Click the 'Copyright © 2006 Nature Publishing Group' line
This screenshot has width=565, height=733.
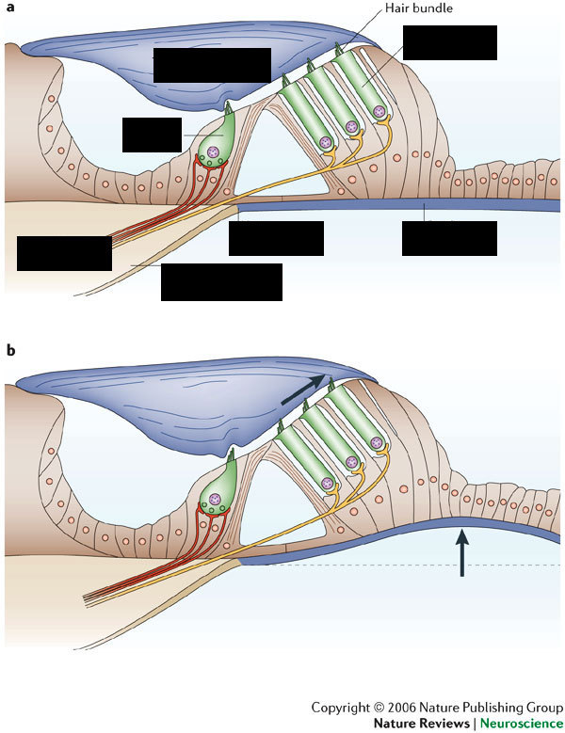click(x=438, y=707)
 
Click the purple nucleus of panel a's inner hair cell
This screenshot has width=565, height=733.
click(x=216, y=150)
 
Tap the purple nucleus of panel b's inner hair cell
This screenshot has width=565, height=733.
click(x=216, y=492)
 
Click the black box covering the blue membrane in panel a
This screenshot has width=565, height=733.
click(x=212, y=64)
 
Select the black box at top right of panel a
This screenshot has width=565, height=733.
click(x=449, y=42)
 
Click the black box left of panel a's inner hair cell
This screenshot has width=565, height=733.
click(x=152, y=135)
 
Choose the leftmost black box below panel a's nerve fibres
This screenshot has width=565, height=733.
click(x=64, y=253)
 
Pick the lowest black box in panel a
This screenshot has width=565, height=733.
click(x=221, y=281)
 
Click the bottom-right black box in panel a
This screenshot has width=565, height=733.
click(x=449, y=238)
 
